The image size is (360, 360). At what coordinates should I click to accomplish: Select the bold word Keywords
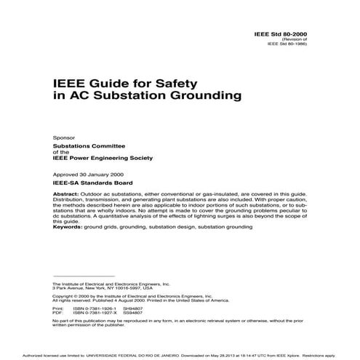pyautogui.click(x=70, y=228)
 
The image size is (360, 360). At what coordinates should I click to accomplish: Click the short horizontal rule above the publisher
pyautogui.click(x=84, y=276)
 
